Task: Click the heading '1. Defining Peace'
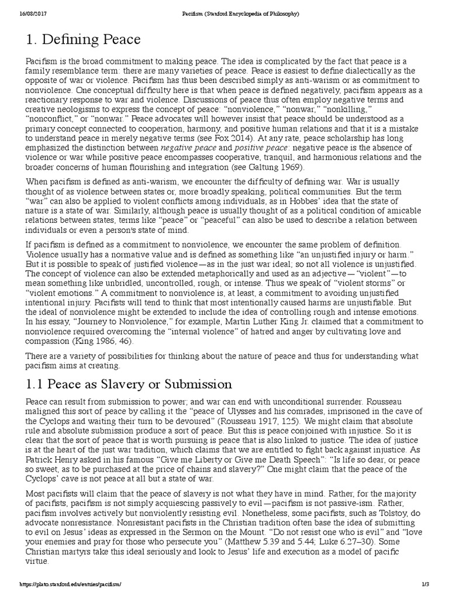(84, 40)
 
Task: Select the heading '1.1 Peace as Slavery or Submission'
(129, 384)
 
